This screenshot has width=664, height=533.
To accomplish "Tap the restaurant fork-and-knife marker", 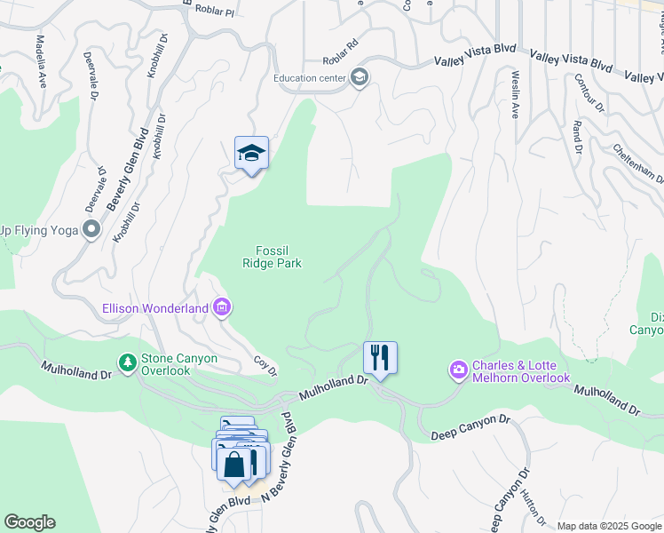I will click(x=380, y=358).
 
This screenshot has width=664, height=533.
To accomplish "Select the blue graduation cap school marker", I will click(x=251, y=153).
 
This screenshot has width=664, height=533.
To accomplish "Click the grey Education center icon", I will click(x=359, y=77).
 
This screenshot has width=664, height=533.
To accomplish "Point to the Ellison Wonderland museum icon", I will click(x=222, y=308).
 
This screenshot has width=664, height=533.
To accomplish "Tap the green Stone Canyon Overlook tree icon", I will click(x=128, y=362).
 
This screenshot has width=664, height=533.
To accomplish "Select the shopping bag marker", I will click(x=233, y=464).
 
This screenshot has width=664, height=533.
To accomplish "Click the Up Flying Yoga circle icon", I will click(x=91, y=230).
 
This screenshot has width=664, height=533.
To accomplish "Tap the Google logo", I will click(x=29, y=522).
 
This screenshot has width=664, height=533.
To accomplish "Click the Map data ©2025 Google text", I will click(x=610, y=525).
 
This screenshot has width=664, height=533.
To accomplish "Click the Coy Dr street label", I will click(x=266, y=364).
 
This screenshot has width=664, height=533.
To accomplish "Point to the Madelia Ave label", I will click(x=41, y=61).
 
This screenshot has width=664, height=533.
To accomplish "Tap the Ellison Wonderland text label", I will click(x=154, y=308).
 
